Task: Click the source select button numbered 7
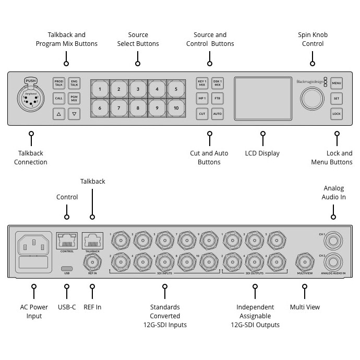pos(119,108)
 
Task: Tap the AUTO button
pos(218,113)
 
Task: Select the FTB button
pos(218,98)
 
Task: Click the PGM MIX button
pos(74,98)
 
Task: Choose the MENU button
pos(337,83)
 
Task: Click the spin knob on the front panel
pos(311,98)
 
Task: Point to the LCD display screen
pos(262,98)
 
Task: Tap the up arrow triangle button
pos(58,113)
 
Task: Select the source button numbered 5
pos(176,89)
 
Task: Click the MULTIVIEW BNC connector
pos(305,260)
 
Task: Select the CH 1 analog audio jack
pos(334,241)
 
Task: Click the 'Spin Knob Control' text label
pos(313,39)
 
